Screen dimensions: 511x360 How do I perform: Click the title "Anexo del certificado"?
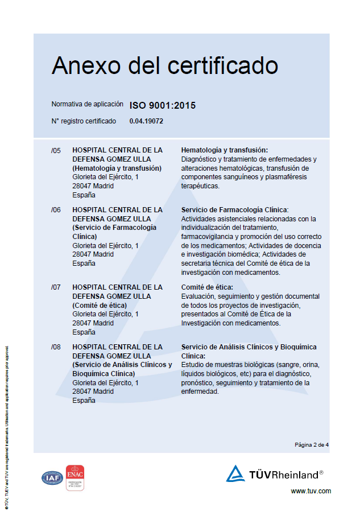164,66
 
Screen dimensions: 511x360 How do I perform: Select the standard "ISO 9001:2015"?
163,105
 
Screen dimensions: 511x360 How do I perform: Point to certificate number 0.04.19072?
146,121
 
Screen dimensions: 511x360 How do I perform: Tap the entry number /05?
56,150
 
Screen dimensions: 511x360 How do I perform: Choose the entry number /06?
56,210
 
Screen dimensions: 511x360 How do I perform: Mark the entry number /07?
56,287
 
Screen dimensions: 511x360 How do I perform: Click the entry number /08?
56,347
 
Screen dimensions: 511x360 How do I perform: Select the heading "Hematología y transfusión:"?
224,150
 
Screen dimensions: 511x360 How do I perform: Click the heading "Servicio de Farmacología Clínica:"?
235,210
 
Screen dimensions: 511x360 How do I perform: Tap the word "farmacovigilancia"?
208,236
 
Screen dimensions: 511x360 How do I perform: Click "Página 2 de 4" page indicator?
312,444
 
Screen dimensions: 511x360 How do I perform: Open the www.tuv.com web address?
311,491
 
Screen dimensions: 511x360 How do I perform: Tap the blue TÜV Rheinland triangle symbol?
235,474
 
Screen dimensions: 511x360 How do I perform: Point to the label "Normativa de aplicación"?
87,104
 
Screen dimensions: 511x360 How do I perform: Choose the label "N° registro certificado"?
84,121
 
